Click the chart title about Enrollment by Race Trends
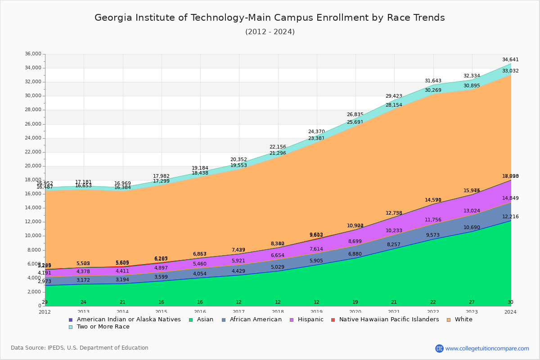(270, 18)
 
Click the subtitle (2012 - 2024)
(270, 32)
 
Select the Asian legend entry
(202, 319)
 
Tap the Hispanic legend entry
(308, 319)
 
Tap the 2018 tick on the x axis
(278, 312)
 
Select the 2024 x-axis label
(510, 312)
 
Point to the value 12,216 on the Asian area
(510, 217)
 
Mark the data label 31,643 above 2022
(433, 81)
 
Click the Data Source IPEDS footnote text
(80, 348)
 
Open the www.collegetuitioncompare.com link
(487, 348)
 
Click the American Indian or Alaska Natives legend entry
(129, 319)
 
